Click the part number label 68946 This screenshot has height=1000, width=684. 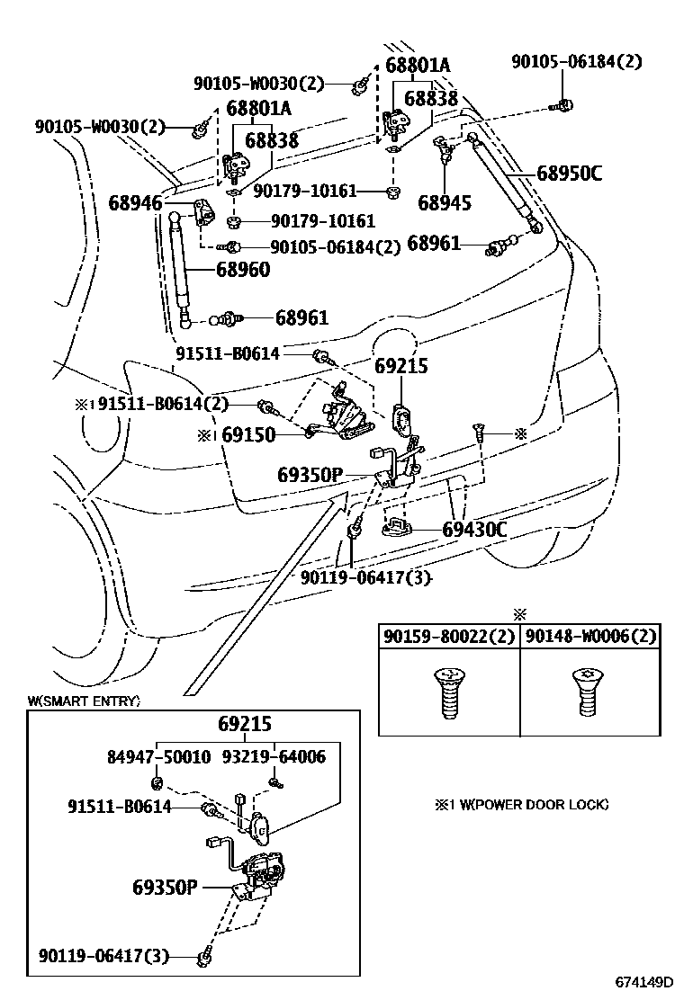click(x=135, y=204)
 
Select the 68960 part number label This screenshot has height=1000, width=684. click(x=242, y=269)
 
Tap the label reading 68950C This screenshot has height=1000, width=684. click(x=569, y=174)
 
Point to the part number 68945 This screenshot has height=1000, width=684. click(x=445, y=203)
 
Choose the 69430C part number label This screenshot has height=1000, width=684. click(x=474, y=530)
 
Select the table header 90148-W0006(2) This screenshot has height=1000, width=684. click(x=589, y=637)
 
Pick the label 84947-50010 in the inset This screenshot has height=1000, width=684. click(x=157, y=757)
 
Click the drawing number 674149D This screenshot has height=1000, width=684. click(x=643, y=981)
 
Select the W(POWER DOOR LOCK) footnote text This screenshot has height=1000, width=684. click(x=521, y=804)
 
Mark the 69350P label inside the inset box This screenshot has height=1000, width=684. click(x=165, y=888)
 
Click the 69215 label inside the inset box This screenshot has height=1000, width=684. click(x=244, y=725)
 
